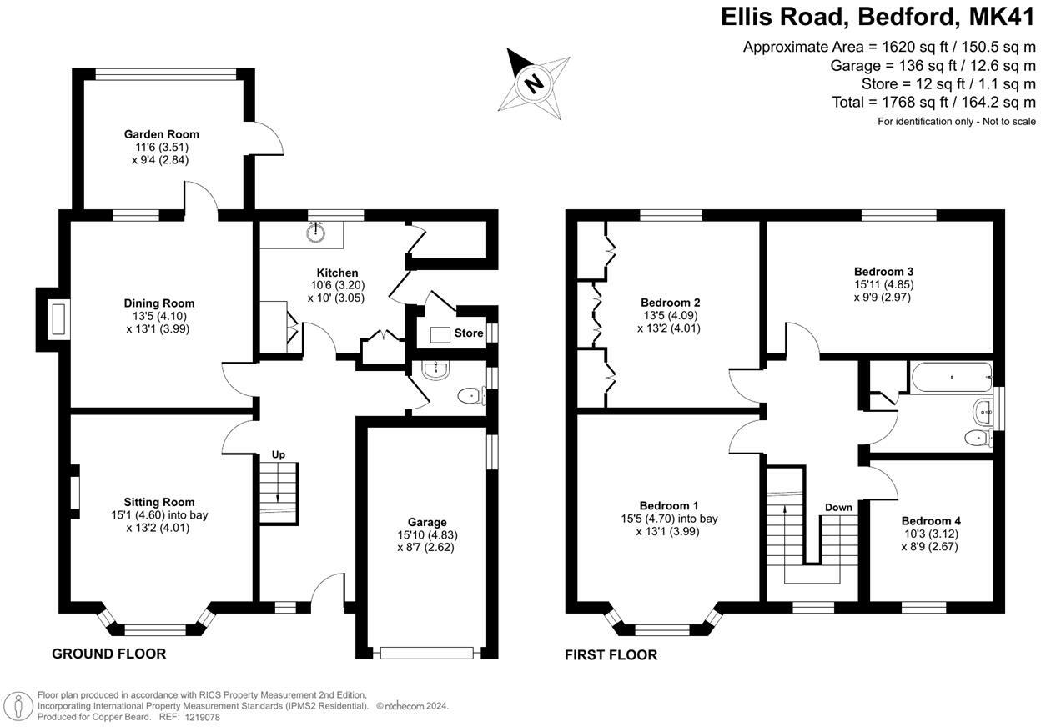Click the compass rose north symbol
534,82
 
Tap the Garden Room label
162,134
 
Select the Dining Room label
159,303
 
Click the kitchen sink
316,233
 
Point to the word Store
468,333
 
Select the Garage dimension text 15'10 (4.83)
427,535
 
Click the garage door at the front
427,653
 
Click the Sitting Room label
159,502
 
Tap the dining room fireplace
58,320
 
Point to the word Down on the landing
838,507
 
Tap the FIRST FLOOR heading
611,655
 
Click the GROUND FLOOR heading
108,654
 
